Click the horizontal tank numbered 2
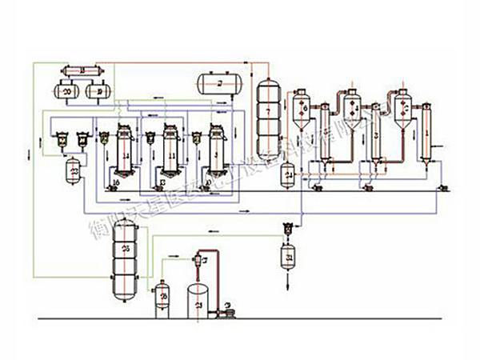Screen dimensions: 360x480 click(x=220, y=82)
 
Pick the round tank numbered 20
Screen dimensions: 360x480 click(x=66, y=92)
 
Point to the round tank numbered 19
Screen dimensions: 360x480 click(x=98, y=92)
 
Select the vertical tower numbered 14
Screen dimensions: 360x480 click(x=124, y=152)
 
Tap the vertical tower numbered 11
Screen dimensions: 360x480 click(x=169, y=152)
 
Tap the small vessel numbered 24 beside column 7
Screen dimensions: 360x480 click(x=289, y=173)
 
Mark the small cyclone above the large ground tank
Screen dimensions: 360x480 click(x=197, y=259)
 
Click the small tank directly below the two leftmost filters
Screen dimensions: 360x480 click(x=74, y=170)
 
